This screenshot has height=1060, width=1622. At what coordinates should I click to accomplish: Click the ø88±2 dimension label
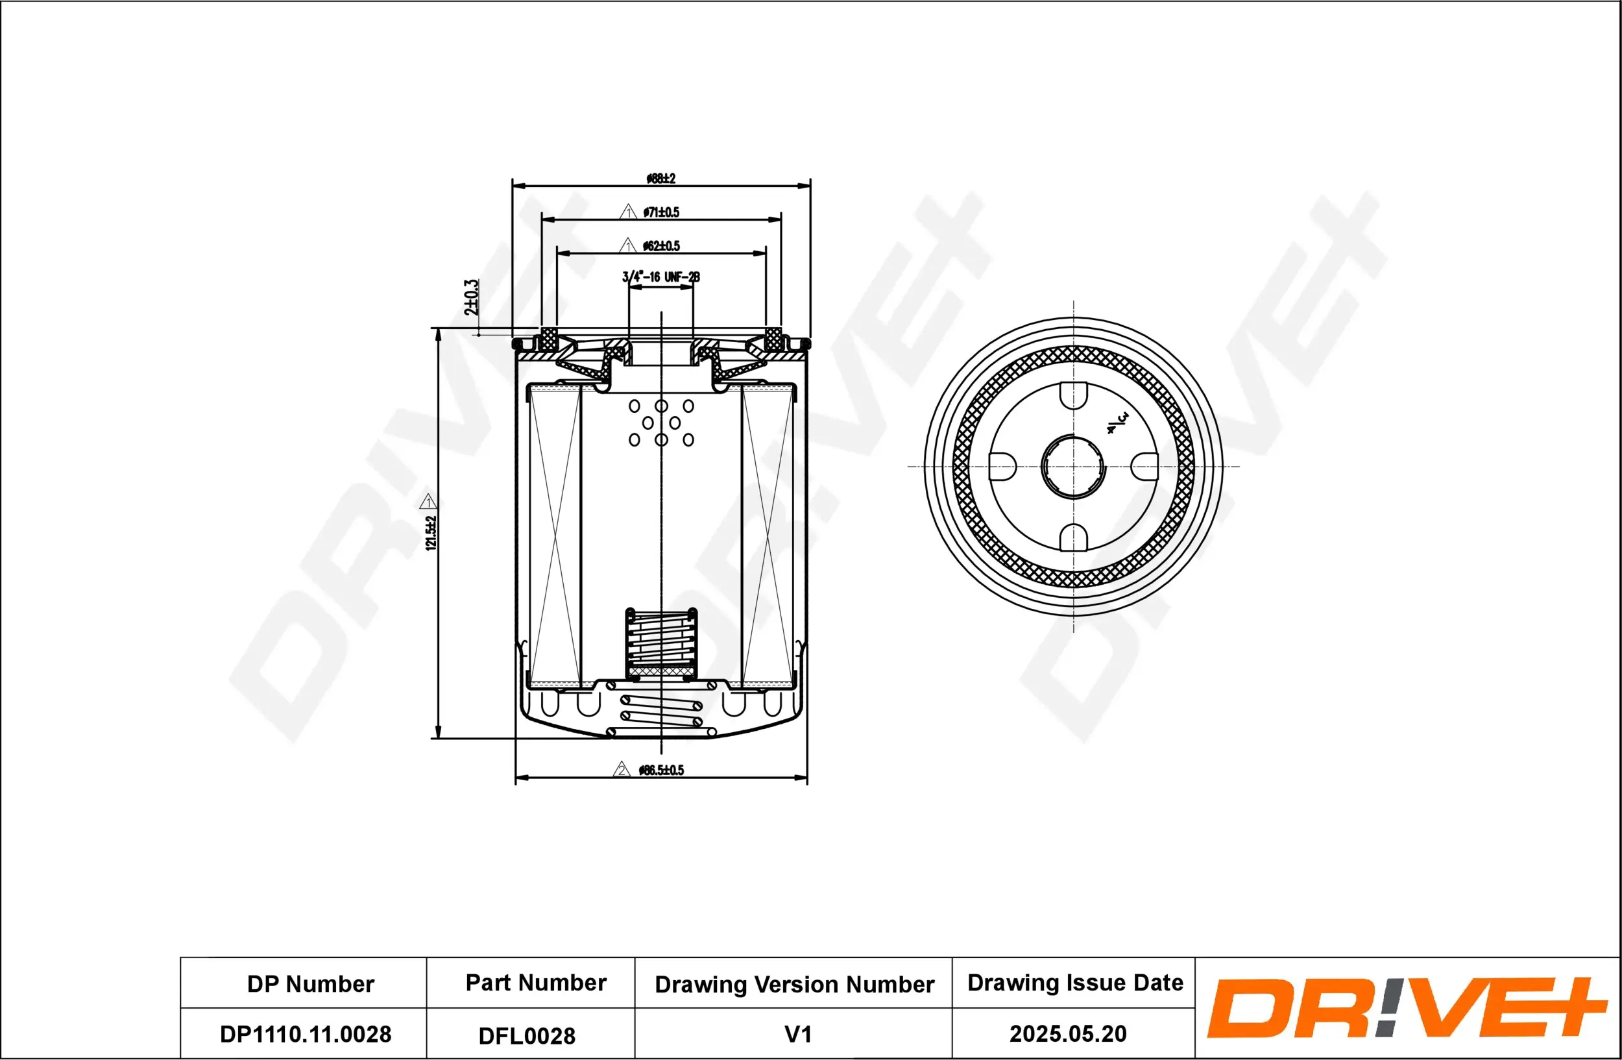[x=660, y=179]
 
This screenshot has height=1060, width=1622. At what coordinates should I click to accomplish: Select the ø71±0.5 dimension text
[x=661, y=212]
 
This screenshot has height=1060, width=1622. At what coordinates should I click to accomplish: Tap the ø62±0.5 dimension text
[x=661, y=245]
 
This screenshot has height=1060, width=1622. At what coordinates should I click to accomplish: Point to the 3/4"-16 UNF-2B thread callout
[x=660, y=277]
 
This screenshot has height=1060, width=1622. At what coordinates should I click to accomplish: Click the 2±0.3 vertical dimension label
[x=471, y=297]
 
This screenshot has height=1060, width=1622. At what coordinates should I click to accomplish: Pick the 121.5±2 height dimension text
[x=431, y=532]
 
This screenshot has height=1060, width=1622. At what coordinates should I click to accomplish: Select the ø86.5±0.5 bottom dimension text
[x=661, y=770]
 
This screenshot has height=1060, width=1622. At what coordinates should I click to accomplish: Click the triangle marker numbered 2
[x=621, y=770]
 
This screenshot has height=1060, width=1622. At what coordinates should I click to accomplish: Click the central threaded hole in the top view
[x=1073, y=467]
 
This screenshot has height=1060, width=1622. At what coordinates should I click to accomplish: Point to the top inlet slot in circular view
[x=1073, y=395]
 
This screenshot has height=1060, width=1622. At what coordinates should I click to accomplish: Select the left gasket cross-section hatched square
[x=549, y=339]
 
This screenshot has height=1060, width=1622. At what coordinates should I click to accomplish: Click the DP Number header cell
[x=310, y=983]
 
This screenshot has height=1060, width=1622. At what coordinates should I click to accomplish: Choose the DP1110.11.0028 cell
[x=306, y=1034]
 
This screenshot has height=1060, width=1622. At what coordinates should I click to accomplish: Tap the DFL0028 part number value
[x=527, y=1035]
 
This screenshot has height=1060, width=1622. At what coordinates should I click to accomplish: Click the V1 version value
[x=797, y=1034]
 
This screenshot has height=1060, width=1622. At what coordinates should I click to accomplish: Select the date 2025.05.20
[x=1067, y=1033]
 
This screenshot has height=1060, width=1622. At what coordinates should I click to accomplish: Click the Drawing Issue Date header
[x=1075, y=982]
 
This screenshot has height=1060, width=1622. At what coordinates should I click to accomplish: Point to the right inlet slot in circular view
[x=1144, y=467]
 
